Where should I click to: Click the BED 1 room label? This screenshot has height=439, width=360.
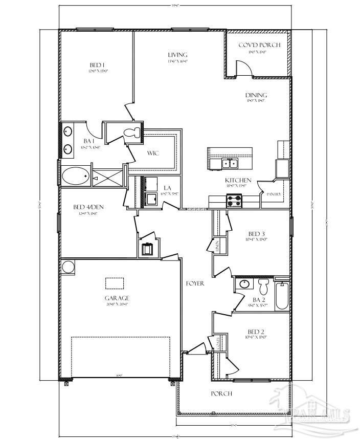pos(97,65)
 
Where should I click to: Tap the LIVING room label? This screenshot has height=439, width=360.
pos(177,55)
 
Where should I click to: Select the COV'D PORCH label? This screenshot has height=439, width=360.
pos(259,45)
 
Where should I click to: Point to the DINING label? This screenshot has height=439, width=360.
pos(256,95)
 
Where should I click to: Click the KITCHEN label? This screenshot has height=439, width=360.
pos(238,180)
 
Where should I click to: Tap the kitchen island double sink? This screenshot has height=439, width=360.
pos(229,163)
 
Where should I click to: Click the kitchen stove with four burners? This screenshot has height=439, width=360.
pos(234,201)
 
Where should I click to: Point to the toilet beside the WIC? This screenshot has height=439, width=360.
pos(132,132)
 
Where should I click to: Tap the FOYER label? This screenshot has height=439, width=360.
pos(195,283)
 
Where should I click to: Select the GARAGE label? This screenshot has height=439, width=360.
pos(117,298)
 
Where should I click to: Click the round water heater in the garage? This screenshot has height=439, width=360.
pos(68,267)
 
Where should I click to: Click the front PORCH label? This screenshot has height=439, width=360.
pos(222,393)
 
